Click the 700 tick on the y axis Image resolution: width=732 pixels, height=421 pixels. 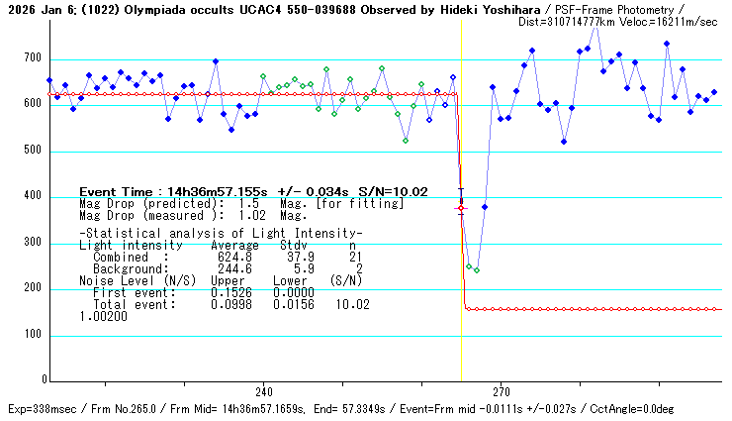click(x=34, y=59)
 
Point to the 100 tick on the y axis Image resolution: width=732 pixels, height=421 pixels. click(x=34, y=335)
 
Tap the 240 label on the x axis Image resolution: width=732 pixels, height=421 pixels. click(x=264, y=391)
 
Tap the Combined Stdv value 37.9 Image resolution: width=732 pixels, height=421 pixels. click(x=296, y=257)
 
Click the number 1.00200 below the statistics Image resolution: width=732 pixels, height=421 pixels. click(x=103, y=316)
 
